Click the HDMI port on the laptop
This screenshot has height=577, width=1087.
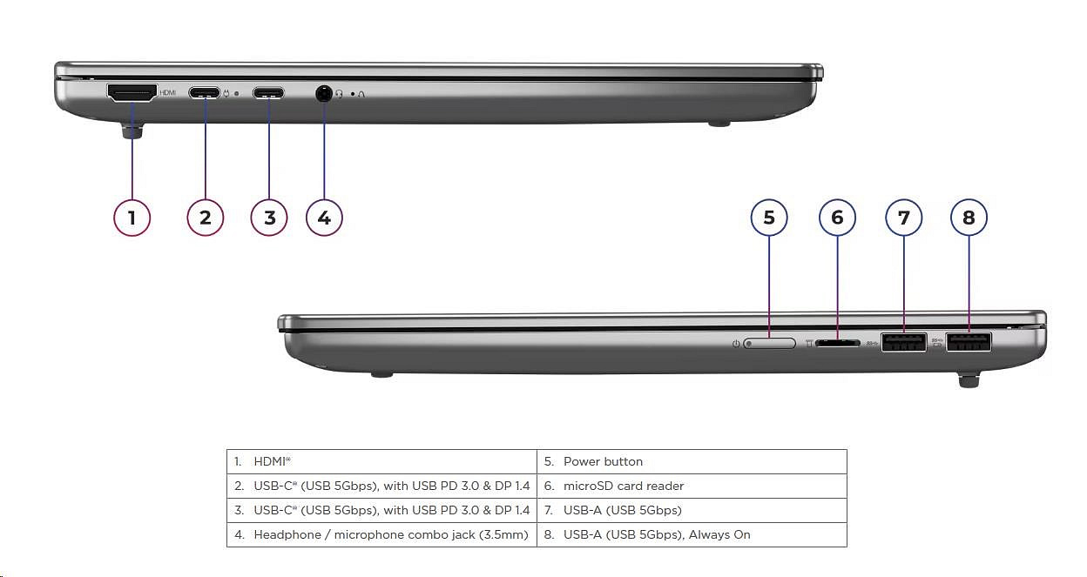click(x=132, y=92)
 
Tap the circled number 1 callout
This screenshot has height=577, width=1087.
click(x=132, y=217)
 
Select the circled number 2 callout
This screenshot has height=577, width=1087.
click(x=206, y=217)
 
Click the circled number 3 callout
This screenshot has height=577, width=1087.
click(x=269, y=217)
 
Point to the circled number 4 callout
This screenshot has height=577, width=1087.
click(x=324, y=217)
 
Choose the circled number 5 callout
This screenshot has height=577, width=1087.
click(x=769, y=217)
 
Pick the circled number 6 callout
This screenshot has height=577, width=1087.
click(x=837, y=217)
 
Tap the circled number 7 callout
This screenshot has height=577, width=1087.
click(x=903, y=217)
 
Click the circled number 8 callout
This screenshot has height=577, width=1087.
click(x=969, y=217)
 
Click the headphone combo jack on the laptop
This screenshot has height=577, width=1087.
click(x=324, y=93)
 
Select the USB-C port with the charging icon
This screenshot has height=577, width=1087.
click(x=205, y=92)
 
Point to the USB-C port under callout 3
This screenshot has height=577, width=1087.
click(x=268, y=92)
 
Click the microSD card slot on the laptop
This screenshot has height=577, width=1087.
click(x=838, y=343)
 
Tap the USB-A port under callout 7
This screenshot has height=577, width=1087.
click(x=903, y=343)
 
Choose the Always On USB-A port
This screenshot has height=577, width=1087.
click(x=969, y=343)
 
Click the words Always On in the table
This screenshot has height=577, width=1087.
click(x=719, y=534)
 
